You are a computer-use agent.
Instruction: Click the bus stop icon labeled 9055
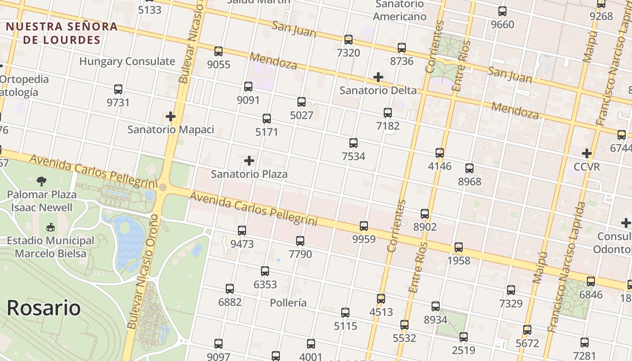[x=218, y=51]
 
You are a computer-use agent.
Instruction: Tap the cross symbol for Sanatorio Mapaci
[x=170, y=116]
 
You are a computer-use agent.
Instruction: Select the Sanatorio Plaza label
[x=249, y=174]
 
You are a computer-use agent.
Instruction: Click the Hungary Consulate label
[x=127, y=61]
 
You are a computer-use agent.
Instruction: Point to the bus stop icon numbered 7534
[x=353, y=143]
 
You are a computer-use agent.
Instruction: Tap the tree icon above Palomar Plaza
[x=42, y=181]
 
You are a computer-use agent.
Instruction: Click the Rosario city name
[x=44, y=308]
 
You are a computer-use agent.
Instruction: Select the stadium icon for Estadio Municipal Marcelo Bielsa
[x=51, y=227]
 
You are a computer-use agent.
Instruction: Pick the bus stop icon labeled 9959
[x=364, y=226]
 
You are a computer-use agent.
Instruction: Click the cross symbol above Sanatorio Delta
[x=378, y=77]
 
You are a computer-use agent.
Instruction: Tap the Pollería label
[x=288, y=302]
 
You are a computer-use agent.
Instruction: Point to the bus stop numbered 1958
[x=459, y=247]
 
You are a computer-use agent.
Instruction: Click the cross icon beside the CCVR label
[x=586, y=153]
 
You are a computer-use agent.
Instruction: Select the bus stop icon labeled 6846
[x=591, y=282]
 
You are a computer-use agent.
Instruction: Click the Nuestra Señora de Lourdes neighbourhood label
[x=62, y=33]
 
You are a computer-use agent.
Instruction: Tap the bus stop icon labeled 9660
[x=502, y=11]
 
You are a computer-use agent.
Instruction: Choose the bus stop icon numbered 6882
[x=230, y=289]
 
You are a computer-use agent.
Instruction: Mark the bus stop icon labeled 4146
[x=440, y=153]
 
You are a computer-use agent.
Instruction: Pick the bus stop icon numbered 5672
[x=527, y=330]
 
